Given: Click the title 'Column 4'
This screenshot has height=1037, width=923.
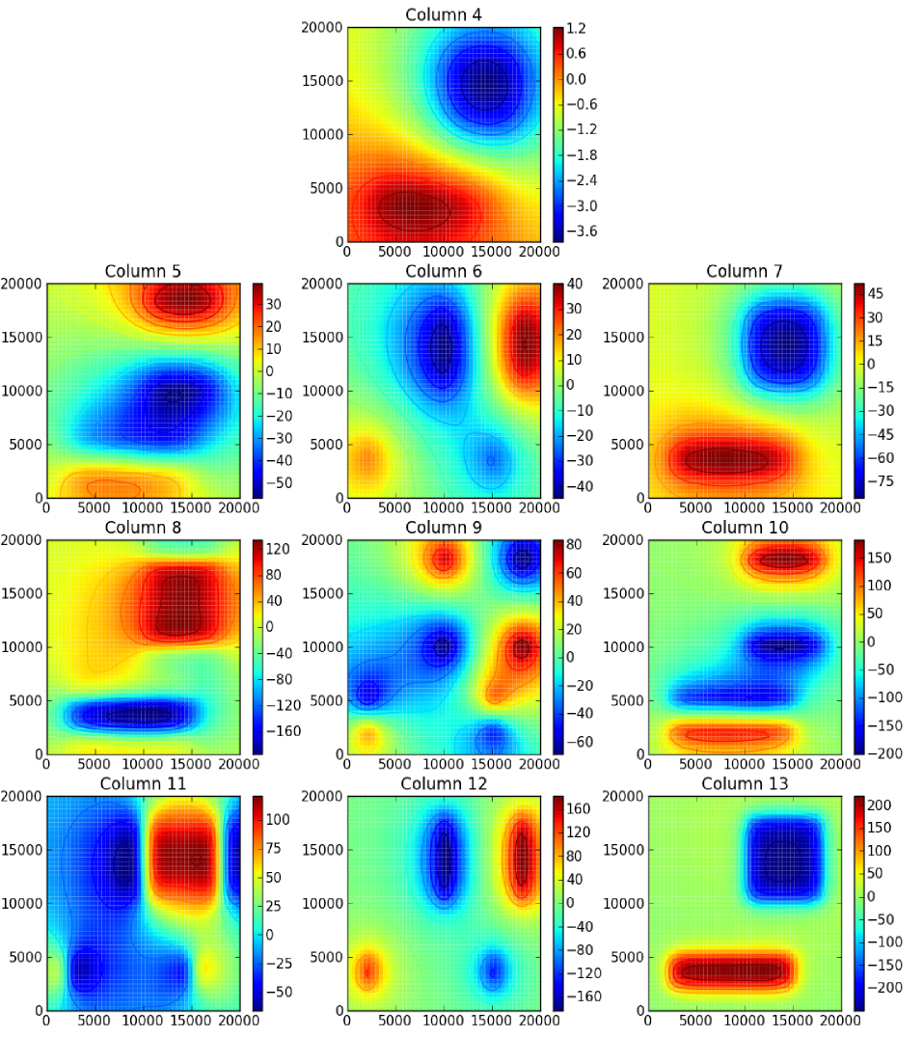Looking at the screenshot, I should [x=444, y=14].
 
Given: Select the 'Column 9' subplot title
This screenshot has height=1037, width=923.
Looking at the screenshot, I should [x=444, y=527].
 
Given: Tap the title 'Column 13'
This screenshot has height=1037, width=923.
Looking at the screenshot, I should [x=744, y=783].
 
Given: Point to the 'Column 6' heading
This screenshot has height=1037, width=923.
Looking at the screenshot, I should [x=444, y=271].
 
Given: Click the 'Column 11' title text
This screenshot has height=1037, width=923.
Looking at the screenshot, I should [x=144, y=783].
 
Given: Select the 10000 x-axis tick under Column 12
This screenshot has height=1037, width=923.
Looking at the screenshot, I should [x=444, y=1023].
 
